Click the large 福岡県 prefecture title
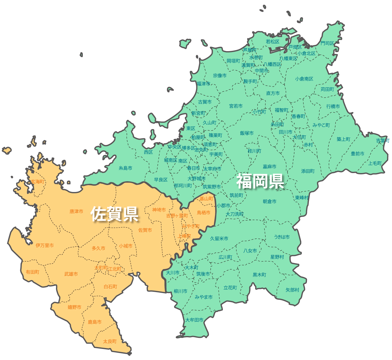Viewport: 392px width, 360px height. click(x=260, y=181)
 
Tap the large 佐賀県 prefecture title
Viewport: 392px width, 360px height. click(x=114, y=214)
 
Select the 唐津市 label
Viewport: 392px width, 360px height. click(x=76, y=211)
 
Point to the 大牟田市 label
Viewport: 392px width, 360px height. click(x=194, y=320)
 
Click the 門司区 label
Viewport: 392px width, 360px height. click(x=327, y=43)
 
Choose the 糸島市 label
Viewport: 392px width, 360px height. click(x=126, y=168)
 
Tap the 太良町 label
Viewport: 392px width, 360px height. click(x=110, y=341)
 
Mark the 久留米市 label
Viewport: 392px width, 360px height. click(x=219, y=238)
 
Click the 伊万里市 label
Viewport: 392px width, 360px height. click(x=45, y=245)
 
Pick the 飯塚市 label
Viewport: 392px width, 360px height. click(x=247, y=133)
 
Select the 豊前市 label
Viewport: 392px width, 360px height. click(x=358, y=154)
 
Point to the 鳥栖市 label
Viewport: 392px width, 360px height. click(x=204, y=213)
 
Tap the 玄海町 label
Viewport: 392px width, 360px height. click(x=37, y=182)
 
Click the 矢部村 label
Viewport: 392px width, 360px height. click(x=292, y=290)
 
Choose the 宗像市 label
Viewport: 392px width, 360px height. click(x=220, y=75)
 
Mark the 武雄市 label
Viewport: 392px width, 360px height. click(x=71, y=274)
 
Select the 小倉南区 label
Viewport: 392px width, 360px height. click(x=304, y=79)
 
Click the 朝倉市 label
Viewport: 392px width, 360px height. click(x=270, y=201)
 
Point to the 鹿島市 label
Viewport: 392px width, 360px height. click(x=95, y=322)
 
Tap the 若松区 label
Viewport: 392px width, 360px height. click(x=273, y=42)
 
